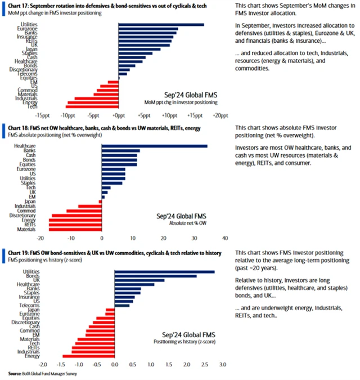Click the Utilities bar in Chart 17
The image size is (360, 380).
tap(161, 25)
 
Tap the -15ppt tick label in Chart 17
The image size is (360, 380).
tap(19, 115)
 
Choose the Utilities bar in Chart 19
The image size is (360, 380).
tap(164, 272)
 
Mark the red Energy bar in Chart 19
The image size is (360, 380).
tap(88, 356)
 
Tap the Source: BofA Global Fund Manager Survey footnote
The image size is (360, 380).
tap(42, 374)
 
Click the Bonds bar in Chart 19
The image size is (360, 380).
tap(155, 276)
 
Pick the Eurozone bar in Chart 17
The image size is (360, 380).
tap(148, 29)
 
